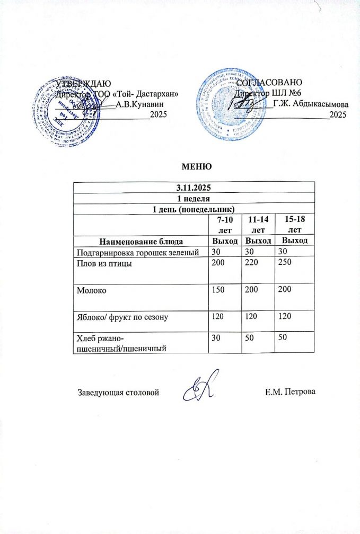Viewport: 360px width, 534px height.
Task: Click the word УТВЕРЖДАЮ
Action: (83, 83)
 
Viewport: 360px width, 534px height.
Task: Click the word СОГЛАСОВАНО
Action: (269, 83)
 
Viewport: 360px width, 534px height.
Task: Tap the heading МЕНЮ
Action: (197, 167)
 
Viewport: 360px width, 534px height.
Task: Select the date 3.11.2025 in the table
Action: (194, 188)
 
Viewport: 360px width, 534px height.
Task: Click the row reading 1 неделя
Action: (194, 199)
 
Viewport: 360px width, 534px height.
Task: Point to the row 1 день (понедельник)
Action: (194, 209)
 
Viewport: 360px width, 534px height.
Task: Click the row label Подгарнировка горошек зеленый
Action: (138, 252)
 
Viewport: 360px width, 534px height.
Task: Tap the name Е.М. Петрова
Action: (289, 393)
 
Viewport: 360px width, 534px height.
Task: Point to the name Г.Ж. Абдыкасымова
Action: (311, 103)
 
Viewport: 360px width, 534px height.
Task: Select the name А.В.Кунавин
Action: (139, 104)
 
